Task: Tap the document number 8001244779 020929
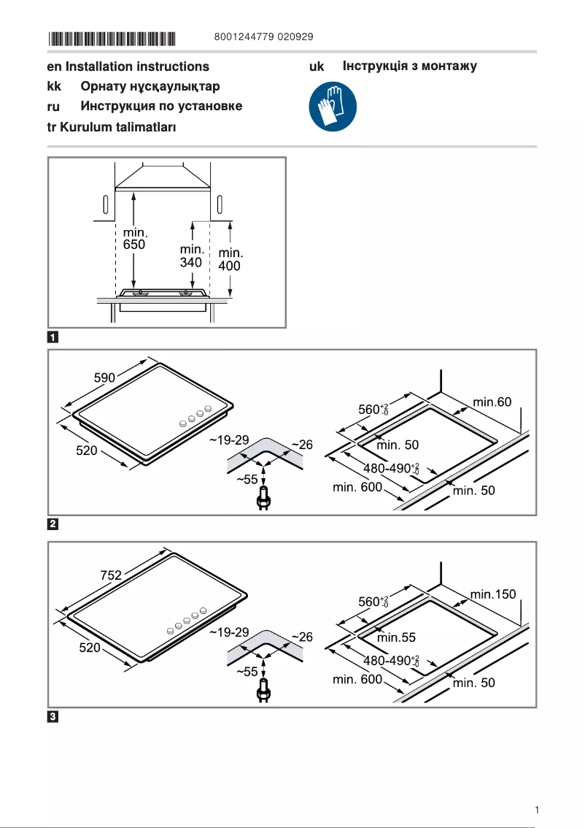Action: point(265,37)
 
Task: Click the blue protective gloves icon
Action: point(333,106)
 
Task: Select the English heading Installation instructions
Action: point(136,66)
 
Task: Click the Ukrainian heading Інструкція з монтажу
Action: point(409,66)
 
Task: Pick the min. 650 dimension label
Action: point(134,239)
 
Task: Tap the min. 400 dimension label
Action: point(230,260)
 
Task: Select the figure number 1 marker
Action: point(53,337)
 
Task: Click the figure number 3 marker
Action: point(53,716)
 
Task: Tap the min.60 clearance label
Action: point(492,402)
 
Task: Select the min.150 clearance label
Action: point(493,594)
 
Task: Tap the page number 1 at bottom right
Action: point(537,810)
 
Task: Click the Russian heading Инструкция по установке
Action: point(161,106)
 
